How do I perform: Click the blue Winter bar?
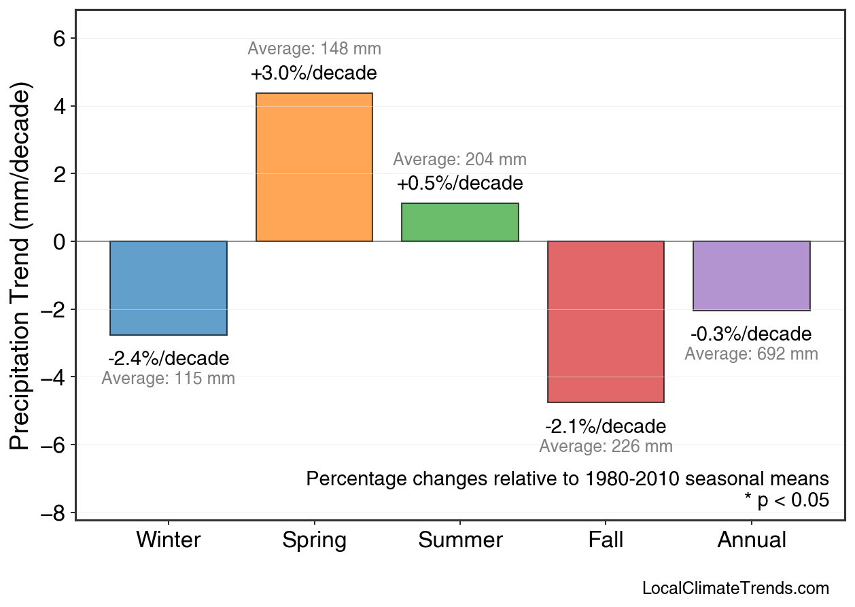click(x=169, y=288)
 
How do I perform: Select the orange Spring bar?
click(x=314, y=167)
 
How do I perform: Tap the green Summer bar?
click(x=460, y=222)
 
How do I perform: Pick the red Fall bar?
click(x=606, y=322)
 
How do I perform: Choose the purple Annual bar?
click(x=752, y=276)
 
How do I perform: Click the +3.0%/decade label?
click(x=314, y=73)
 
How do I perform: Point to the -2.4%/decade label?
click(x=169, y=358)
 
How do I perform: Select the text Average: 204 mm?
click(x=460, y=160)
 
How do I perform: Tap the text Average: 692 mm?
click(x=752, y=354)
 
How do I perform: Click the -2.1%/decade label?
click(x=606, y=426)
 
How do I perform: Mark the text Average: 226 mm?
click(x=606, y=447)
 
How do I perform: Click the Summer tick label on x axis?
click(x=460, y=540)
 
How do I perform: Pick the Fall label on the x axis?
click(x=606, y=540)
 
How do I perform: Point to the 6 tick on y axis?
click(x=59, y=38)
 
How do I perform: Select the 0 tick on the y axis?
click(x=59, y=242)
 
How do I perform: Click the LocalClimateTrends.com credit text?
click(x=735, y=589)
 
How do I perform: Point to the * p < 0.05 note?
click(x=786, y=500)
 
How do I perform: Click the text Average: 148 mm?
click(x=314, y=49)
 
